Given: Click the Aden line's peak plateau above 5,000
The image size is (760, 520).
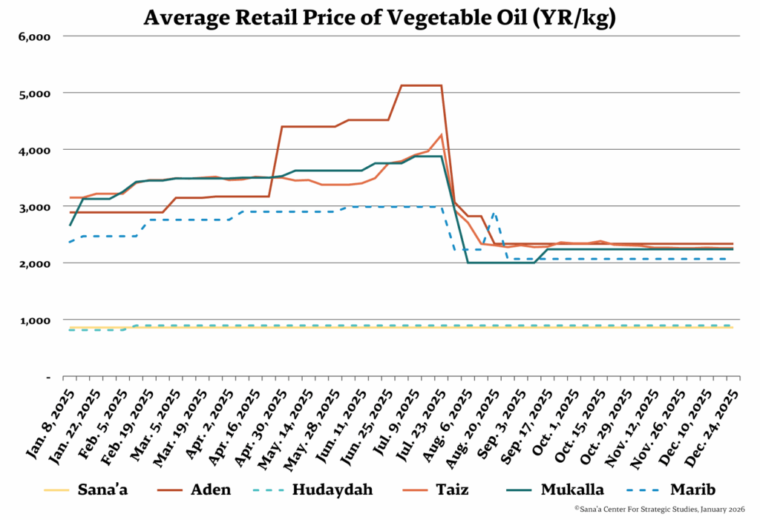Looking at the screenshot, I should pos(421,85).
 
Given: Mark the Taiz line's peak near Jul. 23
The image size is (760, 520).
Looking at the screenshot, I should pos(442,135).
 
